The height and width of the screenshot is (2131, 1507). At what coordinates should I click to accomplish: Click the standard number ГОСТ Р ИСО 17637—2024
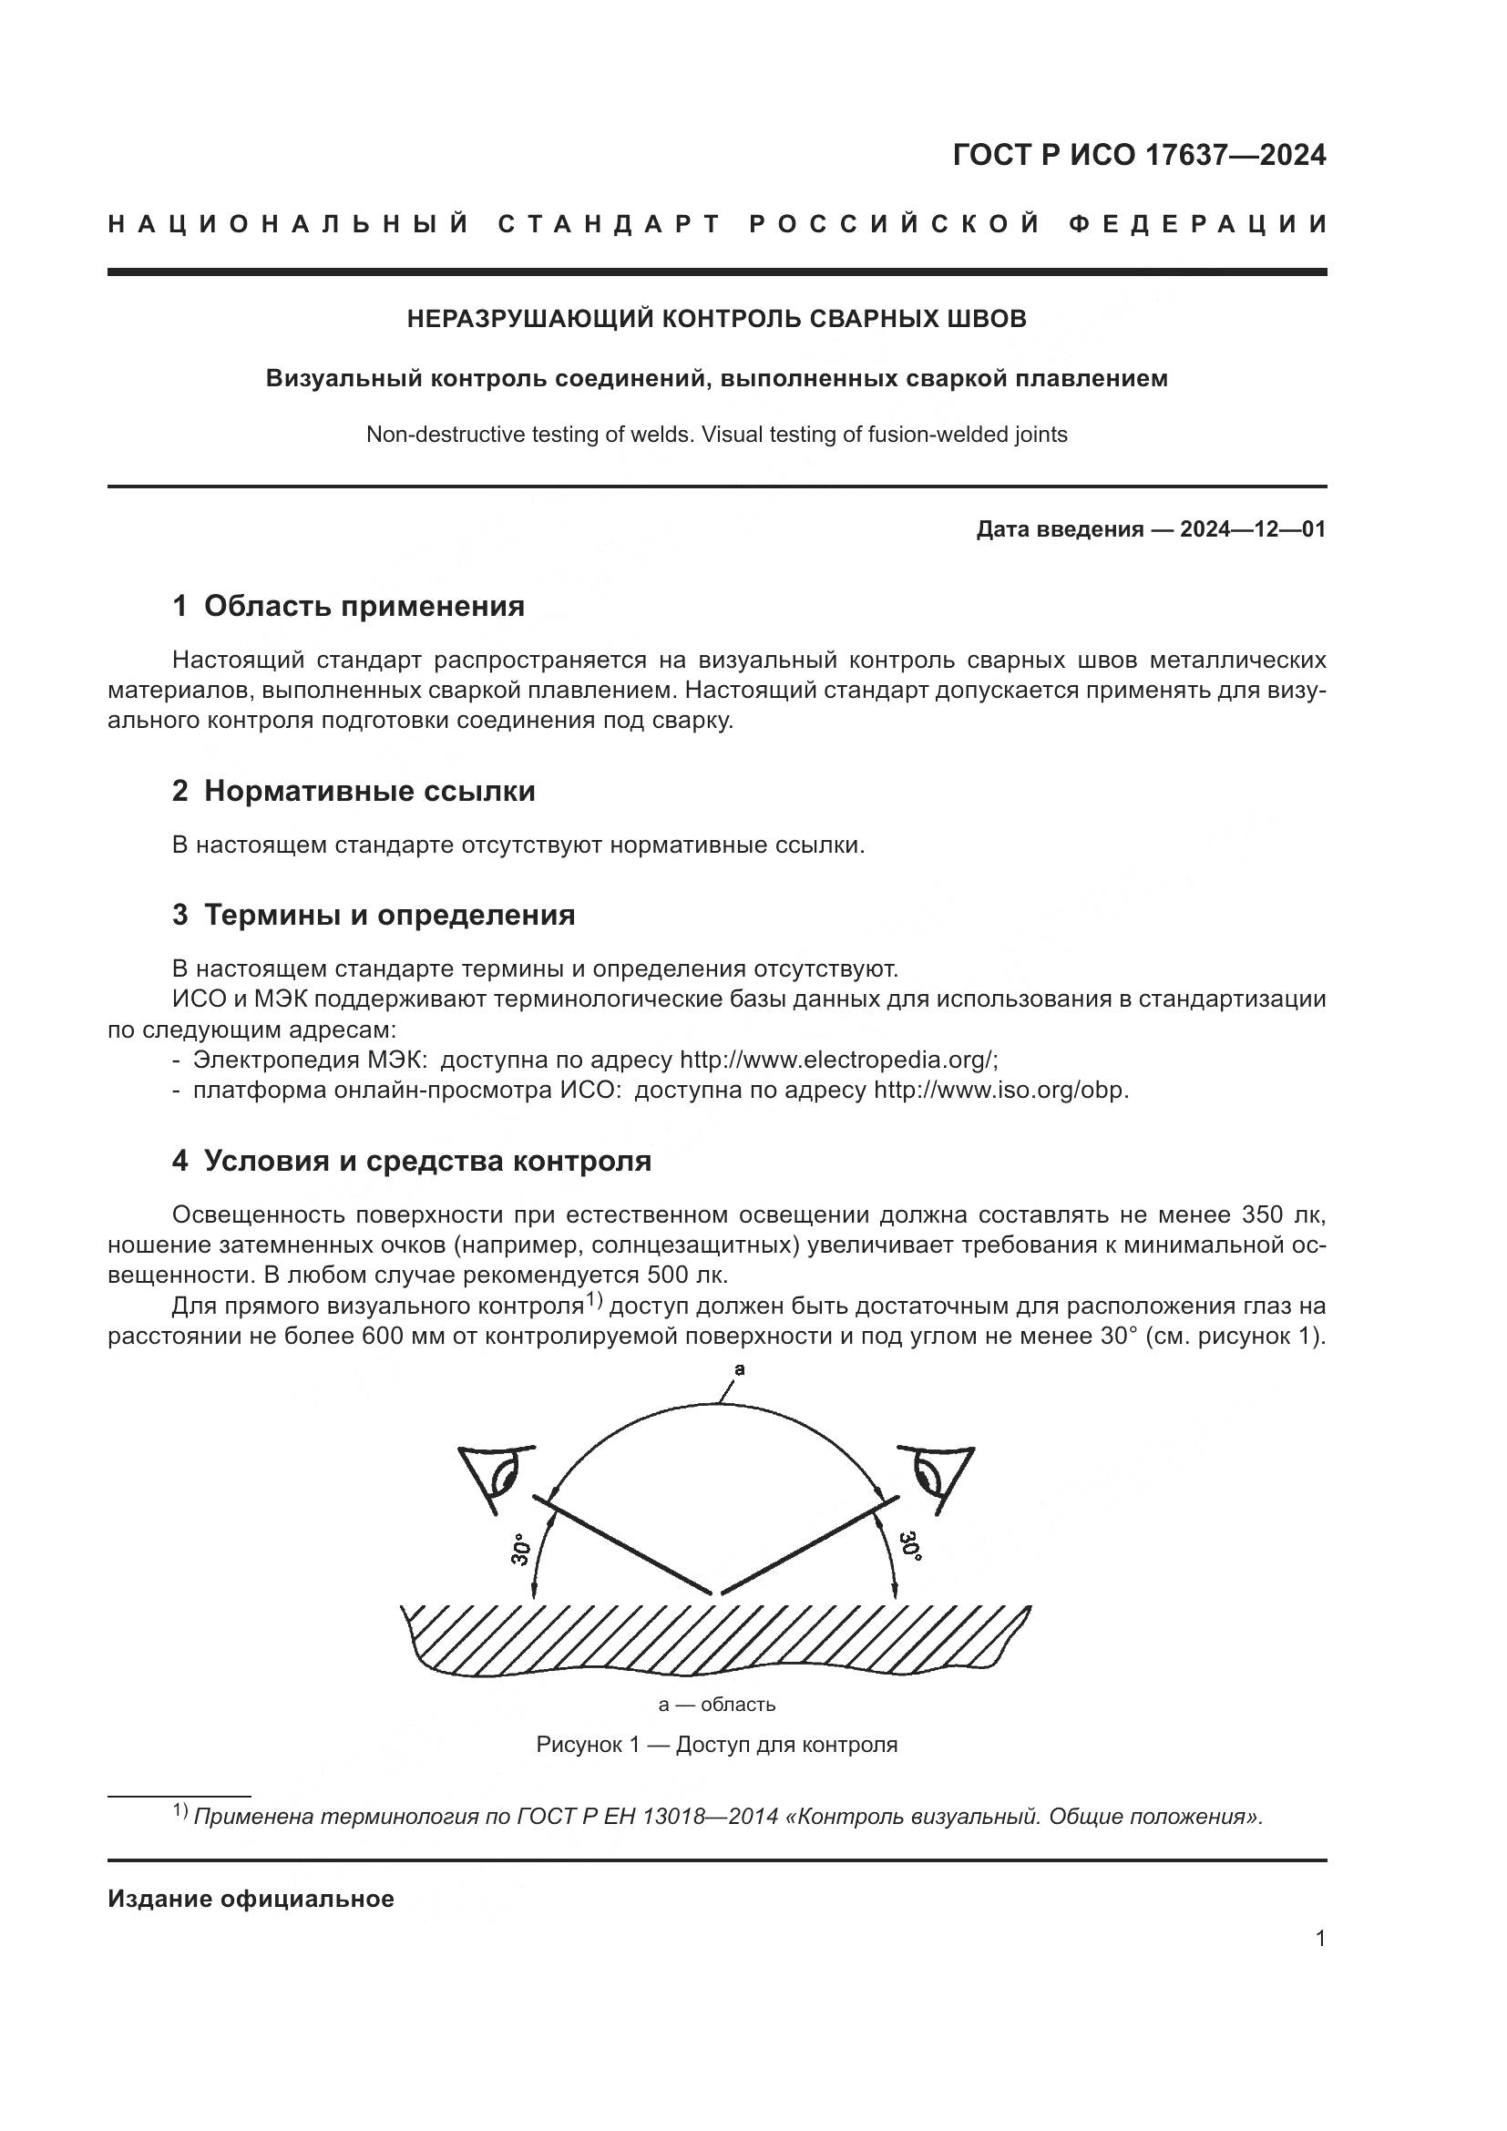(1139, 155)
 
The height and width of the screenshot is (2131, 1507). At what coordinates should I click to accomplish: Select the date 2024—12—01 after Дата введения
(1253, 530)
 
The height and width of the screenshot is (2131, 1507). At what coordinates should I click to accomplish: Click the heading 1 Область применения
(348, 606)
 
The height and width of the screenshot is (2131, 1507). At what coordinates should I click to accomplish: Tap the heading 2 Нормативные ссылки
(354, 791)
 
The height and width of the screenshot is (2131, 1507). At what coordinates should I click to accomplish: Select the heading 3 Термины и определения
(373, 914)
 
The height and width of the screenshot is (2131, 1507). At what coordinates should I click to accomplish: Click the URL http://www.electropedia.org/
(838, 1060)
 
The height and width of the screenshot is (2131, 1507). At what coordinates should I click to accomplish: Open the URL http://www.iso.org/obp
(1000, 1090)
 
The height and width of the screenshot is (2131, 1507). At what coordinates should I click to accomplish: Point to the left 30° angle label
(521, 1549)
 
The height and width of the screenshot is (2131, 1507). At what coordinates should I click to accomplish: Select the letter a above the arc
(740, 1369)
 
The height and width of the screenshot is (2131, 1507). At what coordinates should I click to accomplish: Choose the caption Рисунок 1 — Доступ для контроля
(716, 1744)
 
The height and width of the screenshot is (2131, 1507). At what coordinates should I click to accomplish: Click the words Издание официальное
(251, 1899)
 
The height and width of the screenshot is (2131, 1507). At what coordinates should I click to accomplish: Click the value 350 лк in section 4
(1283, 1215)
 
